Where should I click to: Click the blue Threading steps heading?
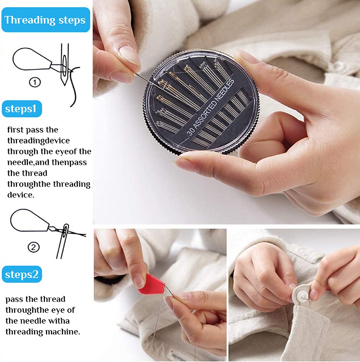(x=45, y=20)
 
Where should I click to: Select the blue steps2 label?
(x=22, y=274)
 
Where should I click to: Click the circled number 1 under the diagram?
(x=35, y=82)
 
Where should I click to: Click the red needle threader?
(x=150, y=285)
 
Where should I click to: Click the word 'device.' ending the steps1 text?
(x=21, y=195)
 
